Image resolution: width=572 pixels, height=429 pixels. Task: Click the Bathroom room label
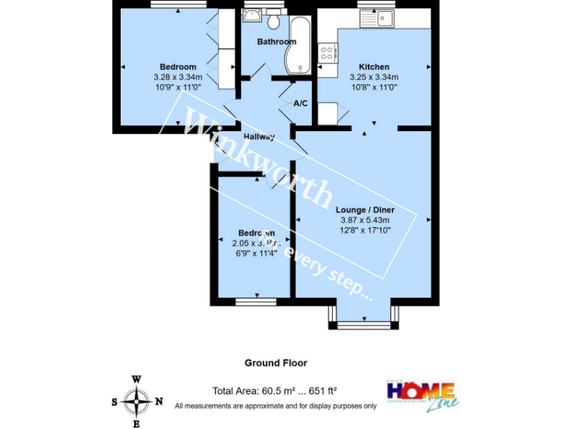coord(276,42)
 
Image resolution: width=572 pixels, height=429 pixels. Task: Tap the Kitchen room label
coord(374,67)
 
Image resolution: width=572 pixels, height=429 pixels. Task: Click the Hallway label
coord(258,136)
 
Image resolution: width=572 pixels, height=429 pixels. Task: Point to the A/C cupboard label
coord(301,103)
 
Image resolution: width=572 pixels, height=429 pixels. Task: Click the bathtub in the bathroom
coord(301,45)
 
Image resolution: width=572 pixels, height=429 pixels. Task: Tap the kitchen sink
coord(378,17)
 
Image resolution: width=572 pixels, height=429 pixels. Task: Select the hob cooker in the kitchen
coord(328,52)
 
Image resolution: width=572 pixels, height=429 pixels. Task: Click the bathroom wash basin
coord(252,16)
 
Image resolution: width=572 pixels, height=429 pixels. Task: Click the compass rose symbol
coord(136,402)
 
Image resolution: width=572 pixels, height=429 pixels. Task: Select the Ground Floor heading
coord(276,363)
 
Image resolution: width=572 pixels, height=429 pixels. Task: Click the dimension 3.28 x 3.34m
coord(178,77)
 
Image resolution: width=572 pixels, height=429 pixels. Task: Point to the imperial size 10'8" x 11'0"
coord(374,86)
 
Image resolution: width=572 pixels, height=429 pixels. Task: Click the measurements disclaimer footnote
coord(276,406)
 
